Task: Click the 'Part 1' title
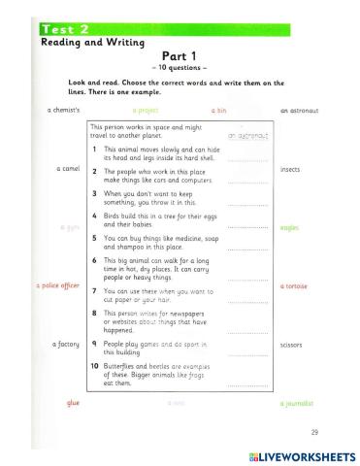[x=180, y=56]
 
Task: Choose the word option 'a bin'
[x=220, y=110]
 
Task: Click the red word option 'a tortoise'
[x=294, y=286]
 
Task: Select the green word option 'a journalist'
[x=296, y=402]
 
